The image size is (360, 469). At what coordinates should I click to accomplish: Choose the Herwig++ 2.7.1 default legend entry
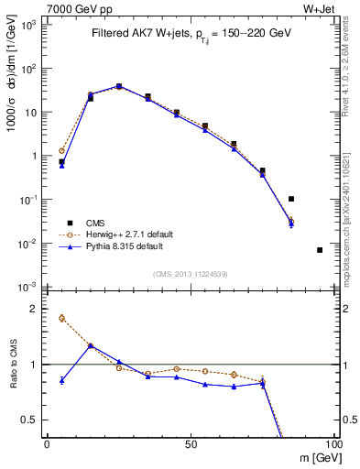coord(119,234)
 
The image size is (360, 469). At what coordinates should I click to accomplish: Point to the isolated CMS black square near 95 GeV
coord(320,250)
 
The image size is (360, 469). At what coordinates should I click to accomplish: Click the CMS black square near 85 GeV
coord(291,199)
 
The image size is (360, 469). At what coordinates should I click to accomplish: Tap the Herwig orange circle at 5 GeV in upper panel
coord(61,150)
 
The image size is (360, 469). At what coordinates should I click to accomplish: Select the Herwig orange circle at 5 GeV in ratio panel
coord(61,318)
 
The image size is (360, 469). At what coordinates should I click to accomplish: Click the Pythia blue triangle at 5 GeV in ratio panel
coord(61,380)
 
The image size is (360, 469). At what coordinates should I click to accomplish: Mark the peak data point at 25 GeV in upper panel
coord(119,86)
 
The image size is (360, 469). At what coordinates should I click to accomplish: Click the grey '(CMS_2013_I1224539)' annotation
coord(190,273)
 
